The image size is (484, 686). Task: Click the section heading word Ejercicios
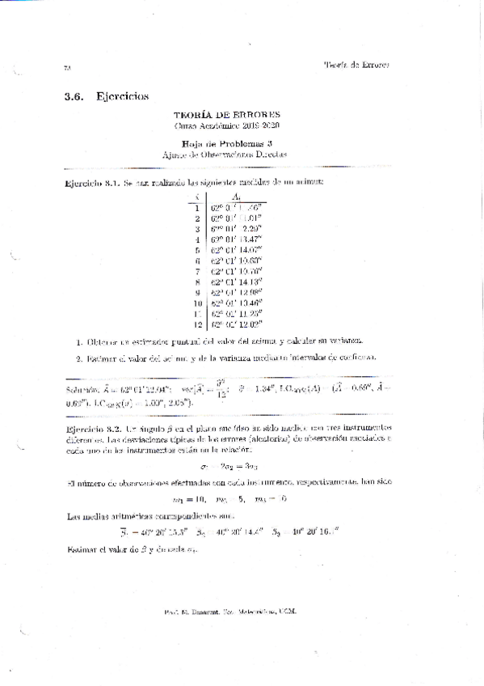pyautogui.click(x=122, y=96)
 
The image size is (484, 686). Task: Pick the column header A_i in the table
pyautogui.click(x=235, y=197)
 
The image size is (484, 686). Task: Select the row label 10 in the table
pyautogui.click(x=196, y=301)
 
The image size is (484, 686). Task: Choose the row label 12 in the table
pyautogui.click(x=196, y=324)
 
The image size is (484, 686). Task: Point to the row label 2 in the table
pyautogui.click(x=197, y=218)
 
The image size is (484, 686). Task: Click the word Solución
pyautogui.click(x=82, y=388)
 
